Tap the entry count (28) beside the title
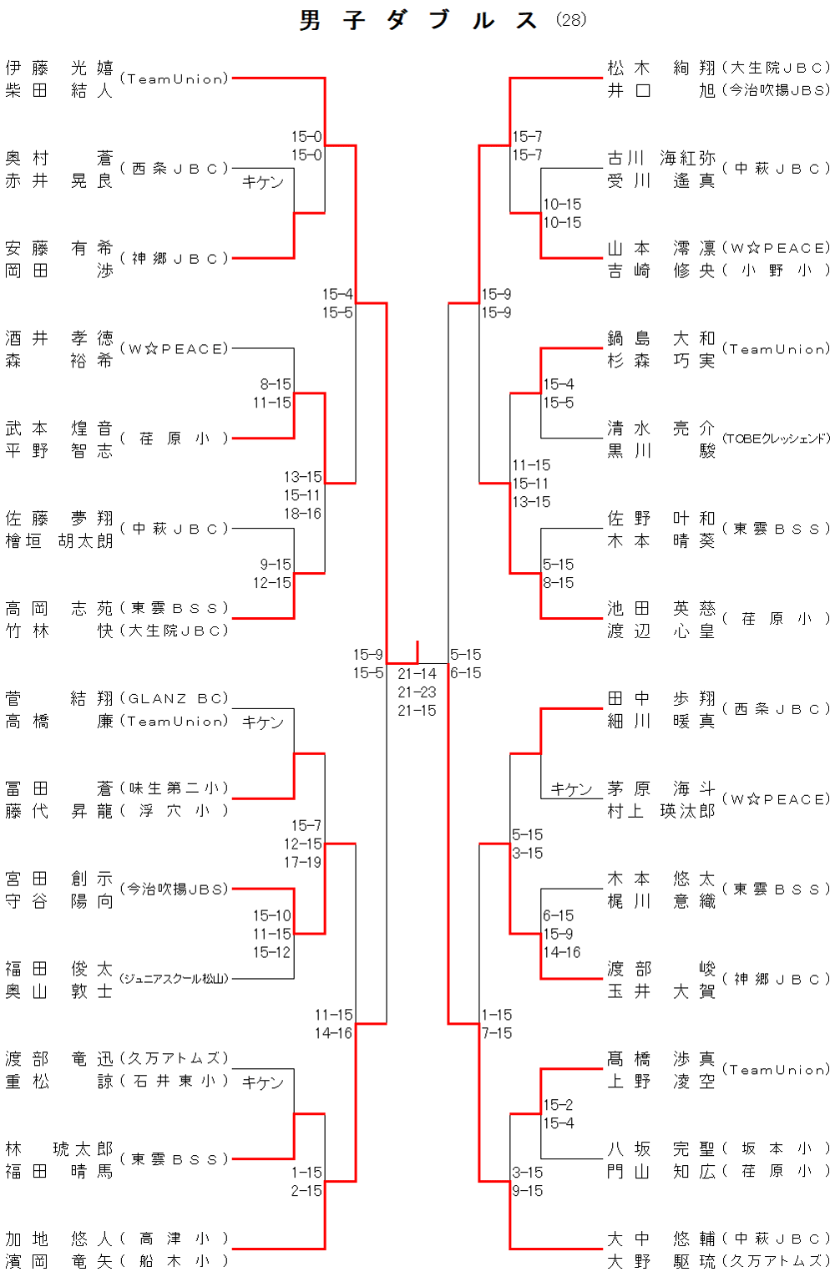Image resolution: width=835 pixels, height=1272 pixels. point(571,19)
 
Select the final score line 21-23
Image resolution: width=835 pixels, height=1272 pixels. point(417,692)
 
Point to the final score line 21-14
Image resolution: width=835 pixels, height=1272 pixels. point(417,674)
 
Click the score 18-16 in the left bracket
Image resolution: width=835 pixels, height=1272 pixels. point(302,514)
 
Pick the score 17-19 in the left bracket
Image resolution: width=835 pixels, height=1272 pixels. point(302,862)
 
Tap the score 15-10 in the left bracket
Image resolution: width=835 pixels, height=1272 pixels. point(272,916)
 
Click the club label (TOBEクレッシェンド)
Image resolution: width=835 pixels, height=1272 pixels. point(777,438)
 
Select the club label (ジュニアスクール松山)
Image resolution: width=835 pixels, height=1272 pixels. point(174,979)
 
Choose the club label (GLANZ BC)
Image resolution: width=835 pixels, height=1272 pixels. point(174,698)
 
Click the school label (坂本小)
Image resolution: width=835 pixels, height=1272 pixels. point(777,1148)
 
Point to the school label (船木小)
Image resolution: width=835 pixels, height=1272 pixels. point(174,1261)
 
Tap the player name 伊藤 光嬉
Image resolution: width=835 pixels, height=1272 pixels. point(58,68)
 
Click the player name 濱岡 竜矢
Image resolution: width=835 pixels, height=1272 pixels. point(58,1261)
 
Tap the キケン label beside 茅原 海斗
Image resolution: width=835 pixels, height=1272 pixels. point(571,789)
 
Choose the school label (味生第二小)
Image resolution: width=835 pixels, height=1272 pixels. point(174,788)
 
